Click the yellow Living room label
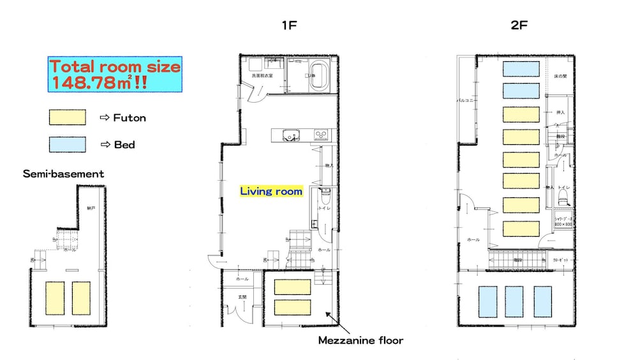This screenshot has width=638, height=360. point(271,191)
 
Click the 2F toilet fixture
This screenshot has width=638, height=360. point(563,199)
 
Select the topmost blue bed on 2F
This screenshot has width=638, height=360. point(521,68)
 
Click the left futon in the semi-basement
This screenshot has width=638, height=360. point(54,297)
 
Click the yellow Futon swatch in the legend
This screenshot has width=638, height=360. point(68,117)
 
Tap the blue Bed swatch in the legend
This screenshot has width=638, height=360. point(68,144)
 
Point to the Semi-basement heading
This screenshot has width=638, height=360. point(63,174)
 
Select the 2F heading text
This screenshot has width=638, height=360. point(519,26)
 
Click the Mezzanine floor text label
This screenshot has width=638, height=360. point(360,340)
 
